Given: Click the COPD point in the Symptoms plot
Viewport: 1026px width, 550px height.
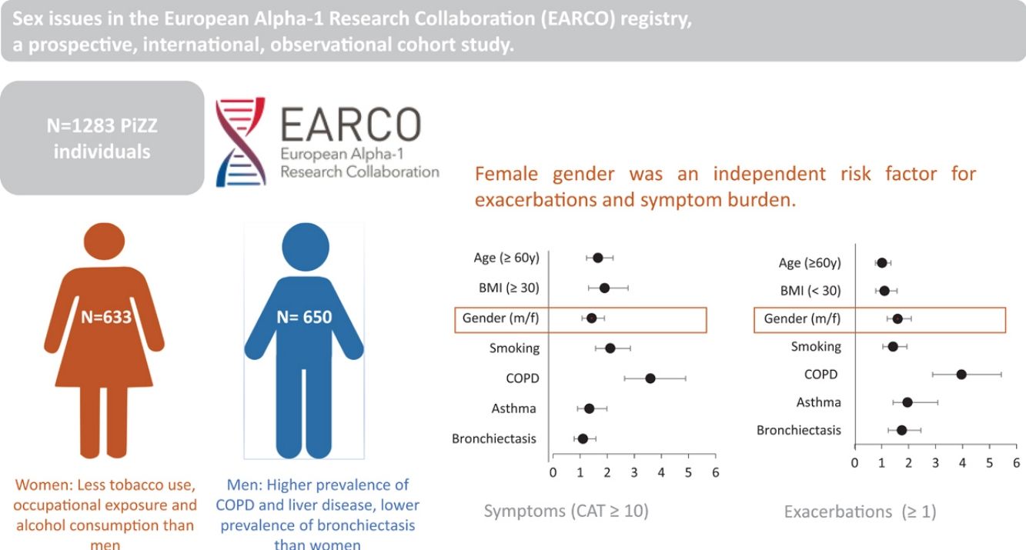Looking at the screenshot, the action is click(x=650, y=378).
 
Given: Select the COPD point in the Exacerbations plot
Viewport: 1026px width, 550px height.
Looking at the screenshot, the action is click(x=961, y=375).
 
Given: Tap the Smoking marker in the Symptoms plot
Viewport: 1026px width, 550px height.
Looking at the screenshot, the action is click(x=610, y=348).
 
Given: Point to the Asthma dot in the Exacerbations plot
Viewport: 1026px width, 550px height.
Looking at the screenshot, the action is click(x=907, y=402).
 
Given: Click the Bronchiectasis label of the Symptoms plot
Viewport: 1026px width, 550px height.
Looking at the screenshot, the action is click(x=494, y=438).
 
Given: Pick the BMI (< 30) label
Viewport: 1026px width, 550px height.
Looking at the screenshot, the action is click(x=810, y=291).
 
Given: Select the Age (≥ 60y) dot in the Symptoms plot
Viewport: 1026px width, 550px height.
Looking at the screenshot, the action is click(x=598, y=258).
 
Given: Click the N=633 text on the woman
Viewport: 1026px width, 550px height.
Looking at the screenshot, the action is click(x=105, y=317).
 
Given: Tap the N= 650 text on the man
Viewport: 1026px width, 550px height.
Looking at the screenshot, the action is click(x=304, y=317).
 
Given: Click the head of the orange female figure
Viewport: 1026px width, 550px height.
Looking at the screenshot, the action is click(x=105, y=241).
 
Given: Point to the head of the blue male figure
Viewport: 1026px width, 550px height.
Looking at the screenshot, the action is click(x=306, y=247).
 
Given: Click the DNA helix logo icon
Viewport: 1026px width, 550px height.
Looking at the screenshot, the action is click(x=241, y=142).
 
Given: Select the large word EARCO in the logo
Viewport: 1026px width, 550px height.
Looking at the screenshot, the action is click(x=351, y=124).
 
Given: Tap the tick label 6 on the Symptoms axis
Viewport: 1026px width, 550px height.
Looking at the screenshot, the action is click(x=716, y=472).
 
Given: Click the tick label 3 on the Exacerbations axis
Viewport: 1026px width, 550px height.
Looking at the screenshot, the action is click(x=935, y=463).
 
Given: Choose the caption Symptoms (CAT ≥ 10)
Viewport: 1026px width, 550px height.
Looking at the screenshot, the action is click(x=566, y=511).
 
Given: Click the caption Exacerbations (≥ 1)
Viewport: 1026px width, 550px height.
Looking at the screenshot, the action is click(x=861, y=511).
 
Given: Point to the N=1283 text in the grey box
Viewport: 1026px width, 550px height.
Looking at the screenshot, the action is click(x=102, y=125).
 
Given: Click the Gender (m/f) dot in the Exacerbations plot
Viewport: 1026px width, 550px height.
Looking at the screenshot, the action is click(x=897, y=319).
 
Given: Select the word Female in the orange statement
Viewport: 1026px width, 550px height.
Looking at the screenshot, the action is click(x=506, y=174).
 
